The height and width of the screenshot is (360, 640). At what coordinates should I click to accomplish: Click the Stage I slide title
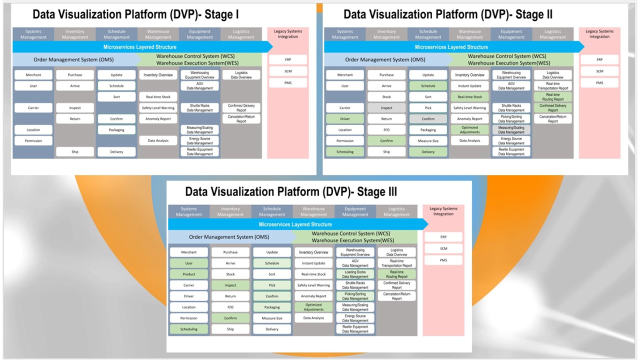click(x=135, y=14)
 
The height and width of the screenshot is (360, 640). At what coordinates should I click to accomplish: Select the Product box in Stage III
click(x=189, y=274)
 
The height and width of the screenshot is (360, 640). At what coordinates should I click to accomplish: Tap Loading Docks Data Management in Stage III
click(x=355, y=274)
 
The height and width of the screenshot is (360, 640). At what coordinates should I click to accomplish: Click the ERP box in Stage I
click(x=288, y=59)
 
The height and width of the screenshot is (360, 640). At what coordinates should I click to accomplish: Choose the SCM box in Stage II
click(x=599, y=71)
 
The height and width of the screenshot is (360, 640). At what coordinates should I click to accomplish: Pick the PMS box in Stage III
click(x=443, y=260)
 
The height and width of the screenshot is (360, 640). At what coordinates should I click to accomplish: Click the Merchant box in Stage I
click(x=33, y=75)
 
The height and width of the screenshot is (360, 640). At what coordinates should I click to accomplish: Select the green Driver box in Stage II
click(x=345, y=119)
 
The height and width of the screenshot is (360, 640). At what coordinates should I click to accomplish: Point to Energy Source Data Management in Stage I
click(x=200, y=141)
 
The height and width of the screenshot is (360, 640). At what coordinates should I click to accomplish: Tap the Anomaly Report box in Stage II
click(x=470, y=119)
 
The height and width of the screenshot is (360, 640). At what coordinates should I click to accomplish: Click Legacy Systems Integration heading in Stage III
click(x=443, y=211)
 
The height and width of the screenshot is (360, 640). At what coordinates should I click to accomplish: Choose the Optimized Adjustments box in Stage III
click(x=313, y=307)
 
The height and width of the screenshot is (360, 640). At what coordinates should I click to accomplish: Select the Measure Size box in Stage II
click(x=428, y=141)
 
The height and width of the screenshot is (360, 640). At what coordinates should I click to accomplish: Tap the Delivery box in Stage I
click(x=116, y=152)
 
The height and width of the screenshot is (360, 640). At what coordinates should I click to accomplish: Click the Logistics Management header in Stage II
click(x=552, y=34)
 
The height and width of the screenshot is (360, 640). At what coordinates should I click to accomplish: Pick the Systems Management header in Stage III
click(x=189, y=211)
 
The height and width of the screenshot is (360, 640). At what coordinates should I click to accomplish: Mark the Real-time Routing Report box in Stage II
click(x=553, y=97)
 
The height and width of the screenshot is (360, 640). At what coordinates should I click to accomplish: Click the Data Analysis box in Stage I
click(x=158, y=141)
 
